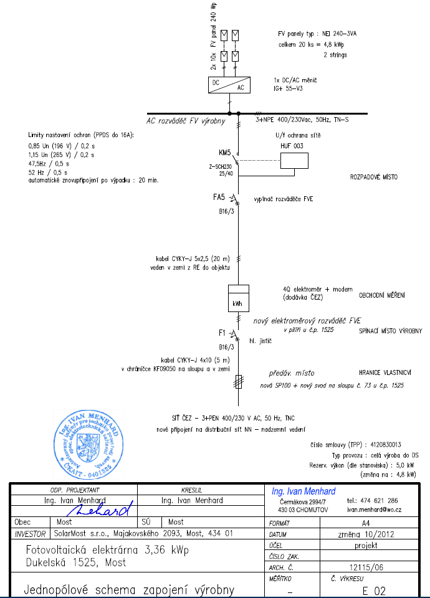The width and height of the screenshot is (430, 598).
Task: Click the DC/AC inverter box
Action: click(x=229, y=85)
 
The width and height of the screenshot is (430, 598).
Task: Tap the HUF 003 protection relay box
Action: click(x=294, y=161)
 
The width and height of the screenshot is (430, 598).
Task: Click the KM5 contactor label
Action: click(x=225, y=153)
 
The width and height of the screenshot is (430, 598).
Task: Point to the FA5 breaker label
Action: click(x=219, y=197)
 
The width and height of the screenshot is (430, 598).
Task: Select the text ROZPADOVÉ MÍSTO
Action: click(x=374, y=178)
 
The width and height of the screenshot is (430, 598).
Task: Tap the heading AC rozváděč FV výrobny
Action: click(x=185, y=121)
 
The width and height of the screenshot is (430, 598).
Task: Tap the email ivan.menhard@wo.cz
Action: click(x=374, y=509)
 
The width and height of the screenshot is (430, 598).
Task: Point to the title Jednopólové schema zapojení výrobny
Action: click(x=129, y=589)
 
